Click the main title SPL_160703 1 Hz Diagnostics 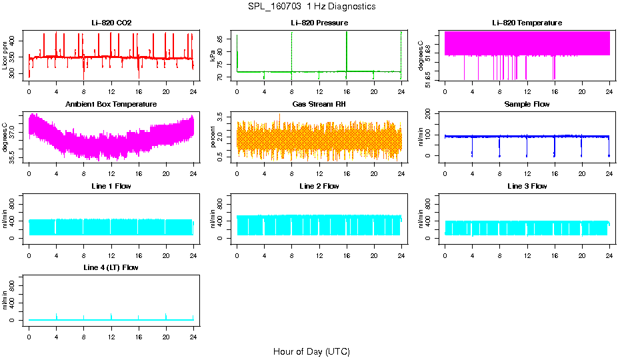click(x=311, y=7)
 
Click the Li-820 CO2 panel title click(x=111, y=23)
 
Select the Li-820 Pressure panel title click(x=319, y=23)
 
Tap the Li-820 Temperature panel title click(x=527, y=23)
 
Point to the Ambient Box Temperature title click(x=111, y=105)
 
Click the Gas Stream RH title click(x=319, y=105)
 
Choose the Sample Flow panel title click(x=527, y=105)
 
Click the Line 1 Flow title click(x=111, y=186)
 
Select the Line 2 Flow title click(x=319, y=186)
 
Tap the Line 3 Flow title click(x=527, y=186)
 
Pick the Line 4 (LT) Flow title click(x=111, y=267)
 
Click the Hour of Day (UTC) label click(x=311, y=351)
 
